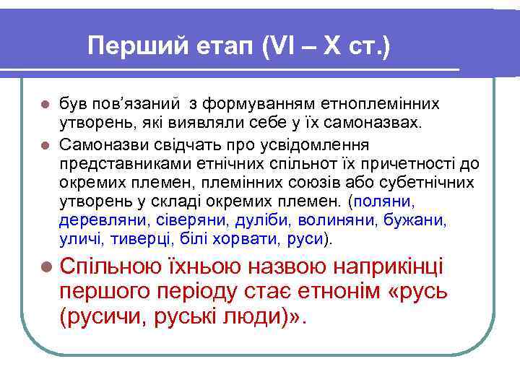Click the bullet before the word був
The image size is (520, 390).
tap(45, 106)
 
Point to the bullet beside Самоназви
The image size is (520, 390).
tap(45, 144)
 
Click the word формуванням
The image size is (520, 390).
tap(256, 105)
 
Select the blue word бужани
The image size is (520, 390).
tap(415, 219)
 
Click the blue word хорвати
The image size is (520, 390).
tap(221, 238)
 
